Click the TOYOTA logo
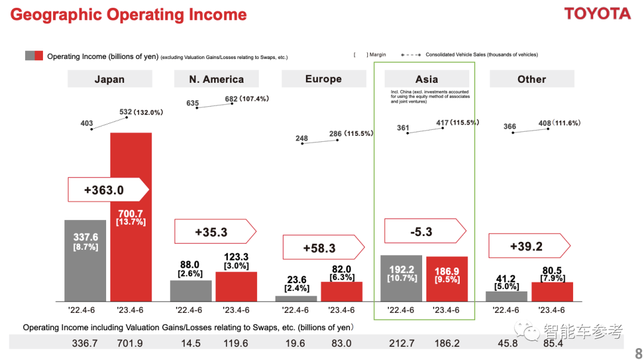[597, 14]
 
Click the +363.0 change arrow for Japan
[107, 190]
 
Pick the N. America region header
[216, 79]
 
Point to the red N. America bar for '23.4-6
[236, 287]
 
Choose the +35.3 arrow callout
[215, 232]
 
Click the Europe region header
[323, 79]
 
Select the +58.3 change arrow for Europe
[323, 247]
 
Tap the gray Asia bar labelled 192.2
[401, 278]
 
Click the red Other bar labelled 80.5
[552, 291]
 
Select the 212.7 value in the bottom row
[401, 343]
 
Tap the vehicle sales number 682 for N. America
[231, 99]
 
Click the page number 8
[639, 353]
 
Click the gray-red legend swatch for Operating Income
[34, 56]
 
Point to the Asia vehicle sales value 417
[442, 123]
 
